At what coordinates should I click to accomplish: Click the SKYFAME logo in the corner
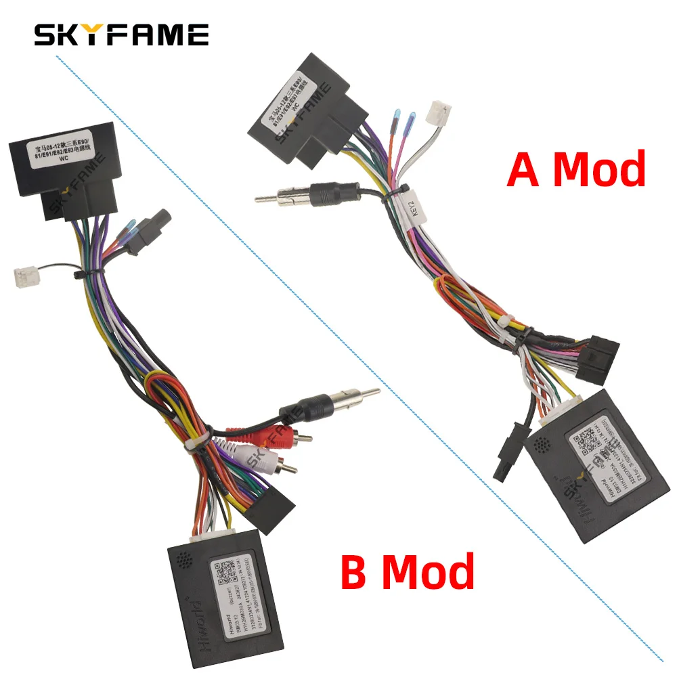pos(121,35)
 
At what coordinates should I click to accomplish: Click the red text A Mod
pos(576,169)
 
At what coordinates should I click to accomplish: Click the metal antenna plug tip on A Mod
pos(278,198)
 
